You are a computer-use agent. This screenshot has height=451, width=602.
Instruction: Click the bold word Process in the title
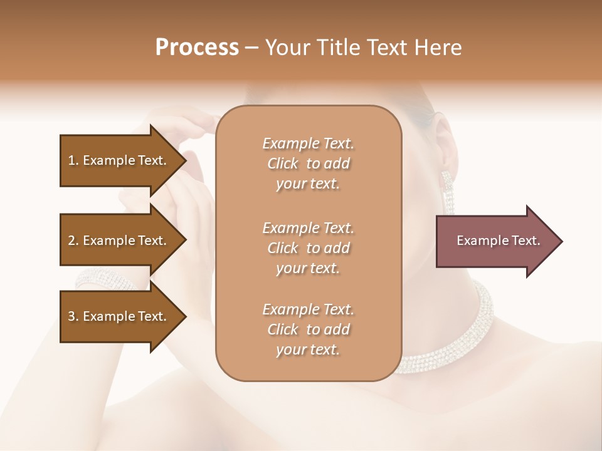[x=197, y=48]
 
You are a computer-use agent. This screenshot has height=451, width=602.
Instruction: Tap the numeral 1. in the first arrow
[x=73, y=160]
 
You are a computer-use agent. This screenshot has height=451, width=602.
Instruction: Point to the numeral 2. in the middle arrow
[x=73, y=241]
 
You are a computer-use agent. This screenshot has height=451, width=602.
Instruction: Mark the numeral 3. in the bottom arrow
[x=73, y=316]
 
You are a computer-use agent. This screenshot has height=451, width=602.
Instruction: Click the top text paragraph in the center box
[x=308, y=163]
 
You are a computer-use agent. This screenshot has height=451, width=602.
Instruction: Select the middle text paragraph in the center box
[x=308, y=247]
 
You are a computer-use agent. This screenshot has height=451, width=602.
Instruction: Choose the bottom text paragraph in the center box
[x=308, y=329]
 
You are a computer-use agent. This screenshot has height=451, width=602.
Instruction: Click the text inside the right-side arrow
[x=498, y=241]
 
